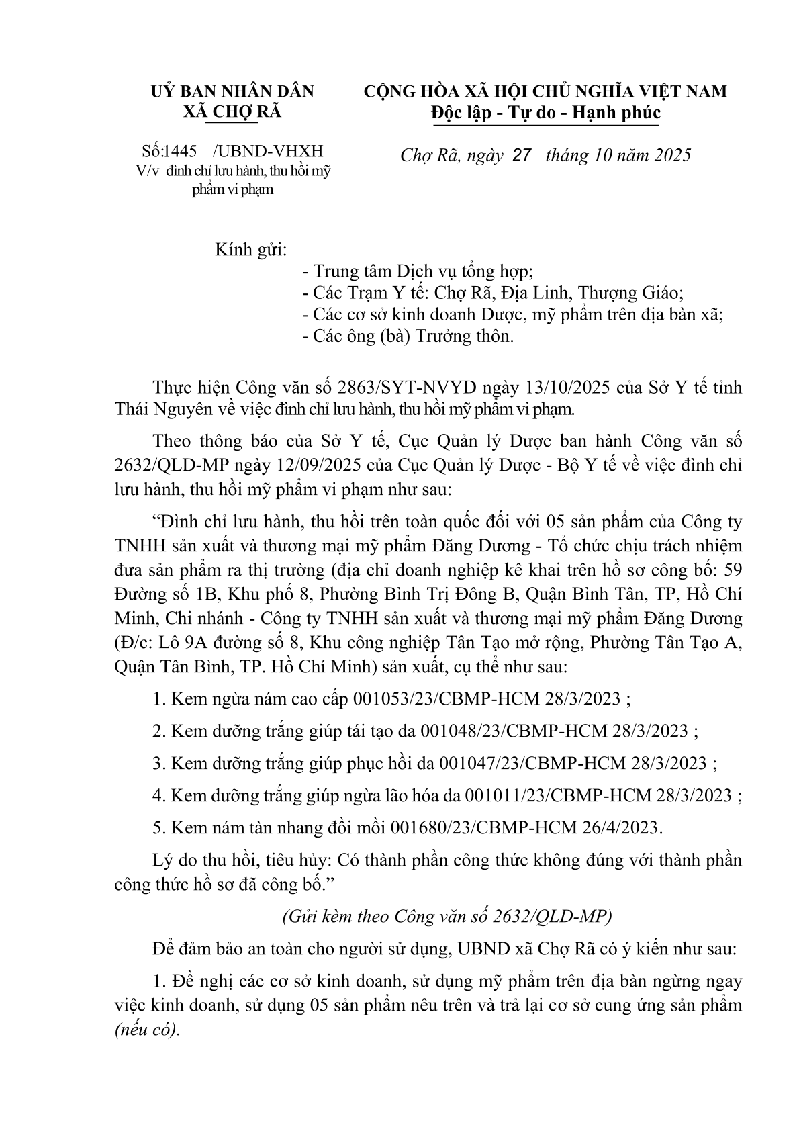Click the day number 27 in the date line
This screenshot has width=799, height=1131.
pyautogui.click(x=521, y=156)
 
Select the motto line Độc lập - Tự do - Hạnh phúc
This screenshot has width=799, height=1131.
pyautogui.click(x=545, y=112)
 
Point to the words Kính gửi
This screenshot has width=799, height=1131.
pyautogui.click(x=250, y=251)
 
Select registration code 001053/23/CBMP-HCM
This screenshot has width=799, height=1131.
pyautogui.click(x=444, y=698)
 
